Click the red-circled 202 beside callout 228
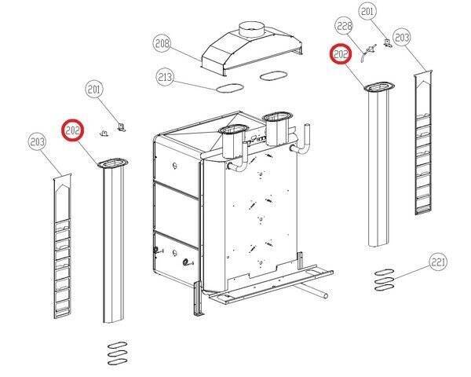[x=341, y=55]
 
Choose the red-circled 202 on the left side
[x=72, y=130]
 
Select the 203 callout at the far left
[x=36, y=141]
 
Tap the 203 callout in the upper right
[x=402, y=37]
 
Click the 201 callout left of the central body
[x=94, y=90]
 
